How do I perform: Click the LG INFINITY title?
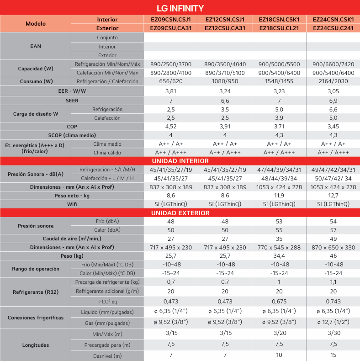[180, 8]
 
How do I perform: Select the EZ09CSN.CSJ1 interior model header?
[170, 20]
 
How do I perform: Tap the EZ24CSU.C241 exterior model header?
[333, 28]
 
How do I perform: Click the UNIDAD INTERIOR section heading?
[180, 161]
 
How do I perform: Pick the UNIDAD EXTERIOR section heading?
[180, 213]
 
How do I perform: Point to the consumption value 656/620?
[170, 82]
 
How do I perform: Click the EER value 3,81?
[170, 91]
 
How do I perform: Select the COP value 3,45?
[333, 126]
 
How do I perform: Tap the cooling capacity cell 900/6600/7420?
[333, 64]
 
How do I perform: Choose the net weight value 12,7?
[333, 196]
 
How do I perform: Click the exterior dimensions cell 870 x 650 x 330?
[333, 247]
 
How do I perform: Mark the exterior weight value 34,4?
[279, 256]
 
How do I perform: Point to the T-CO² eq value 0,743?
[333, 302]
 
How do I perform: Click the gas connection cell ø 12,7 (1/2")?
[333, 323]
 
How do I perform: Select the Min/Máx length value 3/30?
[333, 334]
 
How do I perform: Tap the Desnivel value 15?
[333, 355]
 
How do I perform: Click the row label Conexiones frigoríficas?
[36, 318]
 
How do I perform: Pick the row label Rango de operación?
[36, 269]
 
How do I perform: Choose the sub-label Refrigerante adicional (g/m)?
[107, 291]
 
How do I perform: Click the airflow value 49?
[333, 239]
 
